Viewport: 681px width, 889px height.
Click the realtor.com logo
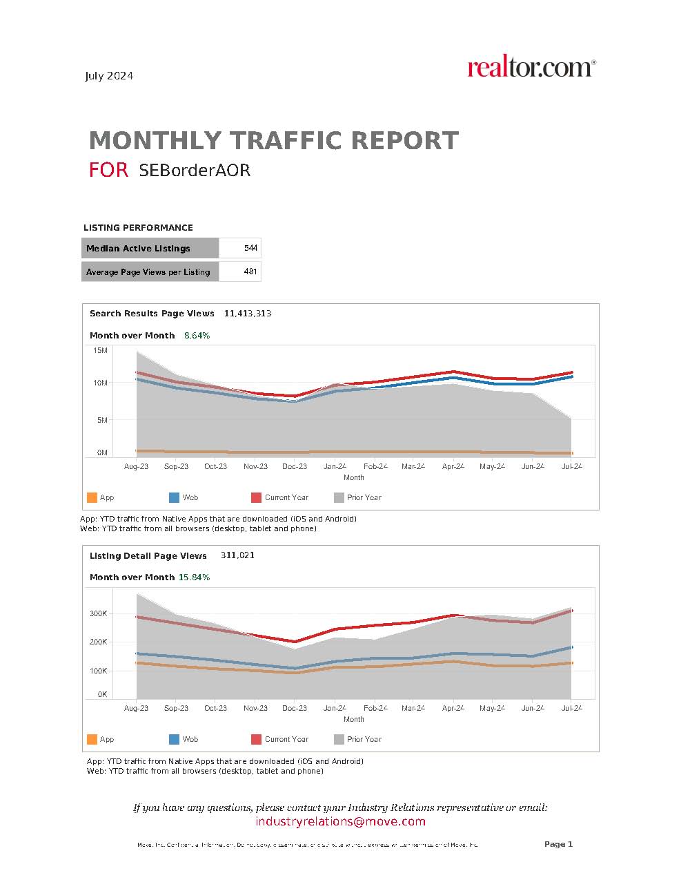531,68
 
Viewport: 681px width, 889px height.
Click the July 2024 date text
109,76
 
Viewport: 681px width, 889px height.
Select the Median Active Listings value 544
250,248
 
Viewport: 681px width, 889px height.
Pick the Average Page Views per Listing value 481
250,271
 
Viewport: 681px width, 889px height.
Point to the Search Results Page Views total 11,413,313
247,314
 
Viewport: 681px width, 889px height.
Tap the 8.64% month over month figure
197,336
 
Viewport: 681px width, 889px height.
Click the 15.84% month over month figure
194,577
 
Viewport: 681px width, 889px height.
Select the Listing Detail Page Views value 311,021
237,555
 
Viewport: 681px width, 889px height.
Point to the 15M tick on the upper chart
100,351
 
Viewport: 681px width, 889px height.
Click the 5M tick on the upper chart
101,420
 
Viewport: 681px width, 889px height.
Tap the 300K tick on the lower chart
98,613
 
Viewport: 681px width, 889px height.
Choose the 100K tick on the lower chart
98,671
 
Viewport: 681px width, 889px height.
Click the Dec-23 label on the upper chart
295,466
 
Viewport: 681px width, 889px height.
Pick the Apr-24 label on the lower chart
453,708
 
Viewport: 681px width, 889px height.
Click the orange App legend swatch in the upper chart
92,497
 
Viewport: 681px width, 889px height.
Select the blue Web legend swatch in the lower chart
174,739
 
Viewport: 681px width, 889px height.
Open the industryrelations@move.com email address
340,821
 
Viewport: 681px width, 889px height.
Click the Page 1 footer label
558,844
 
